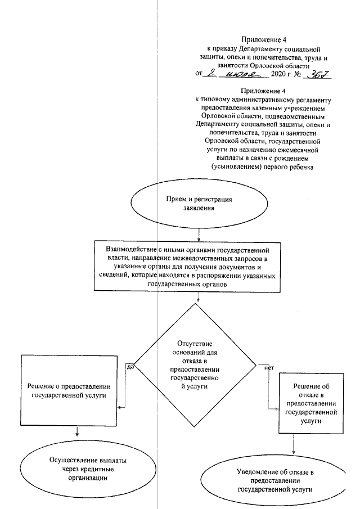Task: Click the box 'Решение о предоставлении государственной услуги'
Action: (71, 391)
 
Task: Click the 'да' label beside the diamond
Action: (130, 367)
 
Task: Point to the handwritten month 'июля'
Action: (239, 74)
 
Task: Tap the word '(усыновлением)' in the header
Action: (236, 167)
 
